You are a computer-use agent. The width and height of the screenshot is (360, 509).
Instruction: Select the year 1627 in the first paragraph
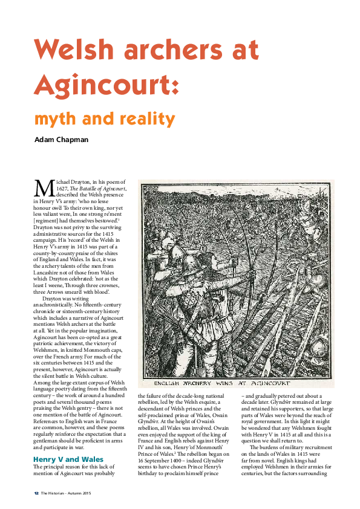click(x=59, y=188)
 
